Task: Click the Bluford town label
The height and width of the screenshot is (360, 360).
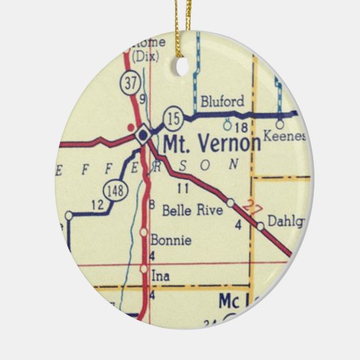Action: tap(222, 102)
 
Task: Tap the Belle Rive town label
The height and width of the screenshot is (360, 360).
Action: tap(192, 211)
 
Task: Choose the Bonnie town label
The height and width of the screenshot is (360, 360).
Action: tap(170, 240)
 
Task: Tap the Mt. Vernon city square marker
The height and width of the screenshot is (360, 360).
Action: tap(143, 134)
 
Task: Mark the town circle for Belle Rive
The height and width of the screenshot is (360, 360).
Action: tap(231, 202)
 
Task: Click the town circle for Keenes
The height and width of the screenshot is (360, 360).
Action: tap(278, 125)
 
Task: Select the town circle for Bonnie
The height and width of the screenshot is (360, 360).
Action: tap(143, 232)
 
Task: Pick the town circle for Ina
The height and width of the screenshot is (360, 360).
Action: tap(143, 269)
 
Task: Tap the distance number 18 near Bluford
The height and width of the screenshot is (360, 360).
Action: tap(239, 127)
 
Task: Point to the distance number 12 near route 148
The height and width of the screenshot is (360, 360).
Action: tap(96, 204)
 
